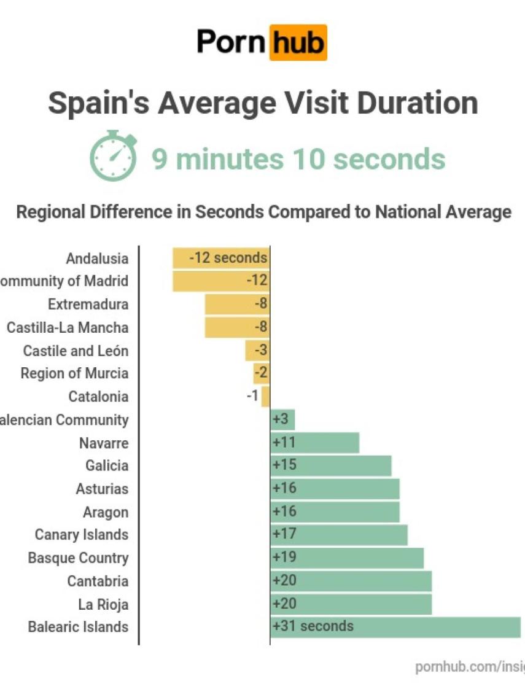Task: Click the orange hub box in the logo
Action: [x=298, y=43]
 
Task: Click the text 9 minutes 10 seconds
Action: [x=298, y=159]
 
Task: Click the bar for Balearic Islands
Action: [x=395, y=627]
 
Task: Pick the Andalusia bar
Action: [x=221, y=258]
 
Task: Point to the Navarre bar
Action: [x=314, y=443]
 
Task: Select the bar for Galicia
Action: [x=330, y=465]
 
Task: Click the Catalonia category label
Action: [x=98, y=397]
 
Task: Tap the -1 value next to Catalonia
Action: [x=252, y=395]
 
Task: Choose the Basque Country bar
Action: [x=346, y=558]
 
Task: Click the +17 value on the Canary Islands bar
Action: [x=284, y=534]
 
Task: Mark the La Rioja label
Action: [x=103, y=604]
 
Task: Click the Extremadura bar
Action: [x=237, y=304]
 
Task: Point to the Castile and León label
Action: [x=76, y=351]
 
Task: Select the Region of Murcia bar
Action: [x=262, y=373]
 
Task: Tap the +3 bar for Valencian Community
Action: [x=282, y=420]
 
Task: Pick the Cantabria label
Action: [x=98, y=581]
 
